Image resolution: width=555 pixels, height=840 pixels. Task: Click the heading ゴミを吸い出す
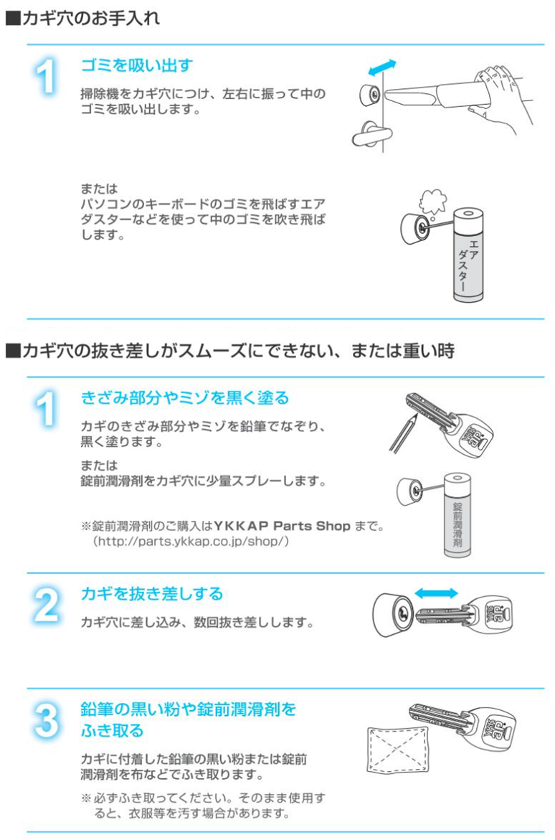(x=137, y=65)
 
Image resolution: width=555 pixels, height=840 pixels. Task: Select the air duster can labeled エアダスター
(x=468, y=255)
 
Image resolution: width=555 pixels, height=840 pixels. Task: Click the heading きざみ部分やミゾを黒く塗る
(x=185, y=397)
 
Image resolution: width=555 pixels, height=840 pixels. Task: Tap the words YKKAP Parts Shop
(x=282, y=526)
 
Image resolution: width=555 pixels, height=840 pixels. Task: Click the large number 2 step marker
(x=46, y=605)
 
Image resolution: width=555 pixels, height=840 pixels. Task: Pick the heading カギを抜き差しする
(x=151, y=593)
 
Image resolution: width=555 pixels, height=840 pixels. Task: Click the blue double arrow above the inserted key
(x=437, y=593)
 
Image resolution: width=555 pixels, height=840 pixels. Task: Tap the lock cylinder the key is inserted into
(x=394, y=614)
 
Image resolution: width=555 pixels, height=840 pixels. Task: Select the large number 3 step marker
(x=46, y=720)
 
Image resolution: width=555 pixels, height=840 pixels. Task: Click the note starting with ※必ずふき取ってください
(x=203, y=806)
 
